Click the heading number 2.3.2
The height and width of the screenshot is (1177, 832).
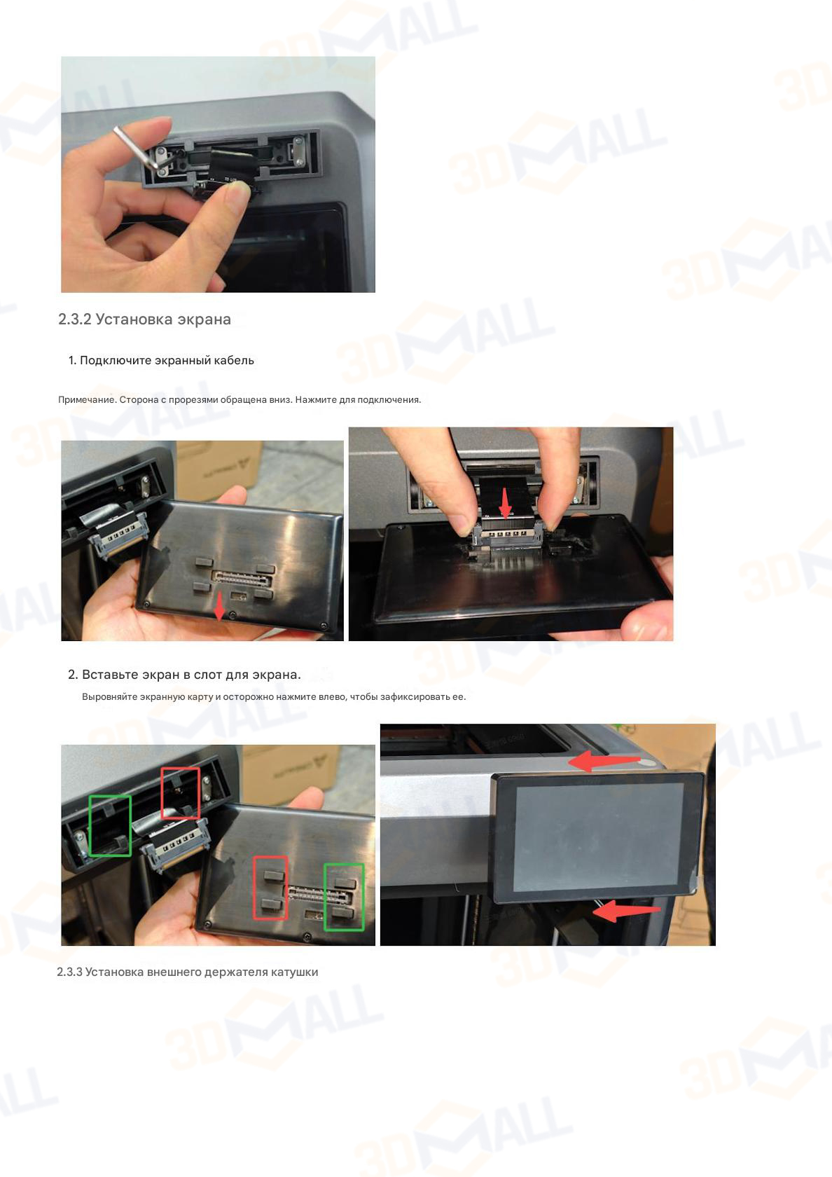(74, 319)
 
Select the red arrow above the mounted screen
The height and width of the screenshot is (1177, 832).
(604, 762)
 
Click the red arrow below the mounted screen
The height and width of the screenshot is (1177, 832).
(627, 911)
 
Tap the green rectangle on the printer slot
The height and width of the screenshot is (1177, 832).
(110, 825)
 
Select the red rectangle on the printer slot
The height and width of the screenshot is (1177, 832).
(180, 792)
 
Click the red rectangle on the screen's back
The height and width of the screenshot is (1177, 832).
(270, 888)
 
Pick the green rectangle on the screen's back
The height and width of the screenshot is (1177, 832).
(344, 897)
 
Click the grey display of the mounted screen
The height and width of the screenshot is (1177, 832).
(599, 837)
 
